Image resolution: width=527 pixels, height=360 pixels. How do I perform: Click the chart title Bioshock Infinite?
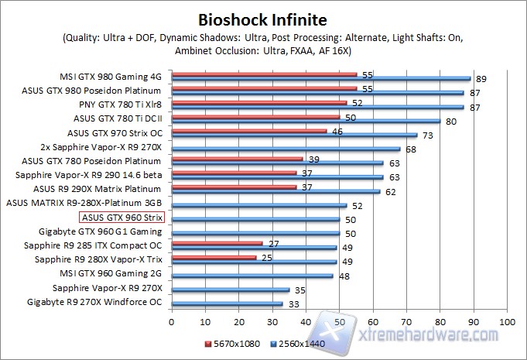coord(262,19)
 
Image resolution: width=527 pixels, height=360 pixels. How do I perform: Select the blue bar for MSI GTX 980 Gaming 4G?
coord(320,78)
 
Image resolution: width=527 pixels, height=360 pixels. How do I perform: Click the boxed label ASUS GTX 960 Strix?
coord(121,218)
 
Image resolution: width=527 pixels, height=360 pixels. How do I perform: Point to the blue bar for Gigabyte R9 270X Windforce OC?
coord(227,303)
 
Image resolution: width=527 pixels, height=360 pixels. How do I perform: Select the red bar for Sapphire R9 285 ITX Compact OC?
coord(217,244)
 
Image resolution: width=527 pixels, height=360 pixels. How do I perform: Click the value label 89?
coord(481,79)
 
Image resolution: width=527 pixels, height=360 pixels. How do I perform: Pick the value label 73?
coord(426,135)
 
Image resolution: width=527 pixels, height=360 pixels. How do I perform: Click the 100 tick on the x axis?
coord(507,321)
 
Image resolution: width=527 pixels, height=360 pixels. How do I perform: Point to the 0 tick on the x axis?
coord(172,321)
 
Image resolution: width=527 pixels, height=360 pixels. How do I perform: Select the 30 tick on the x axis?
coord(272,321)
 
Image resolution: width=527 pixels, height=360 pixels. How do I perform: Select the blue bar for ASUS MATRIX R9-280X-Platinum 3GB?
coord(258,205)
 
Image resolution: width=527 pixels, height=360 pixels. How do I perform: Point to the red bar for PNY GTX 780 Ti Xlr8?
coord(259,102)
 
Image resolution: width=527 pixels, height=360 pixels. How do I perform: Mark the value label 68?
coord(410,149)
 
